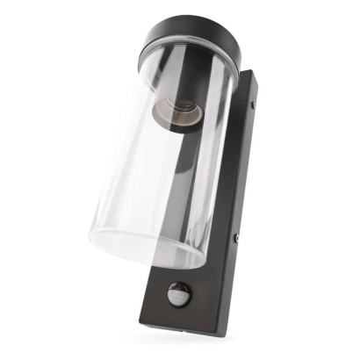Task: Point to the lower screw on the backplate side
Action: (x=236, y=237)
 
